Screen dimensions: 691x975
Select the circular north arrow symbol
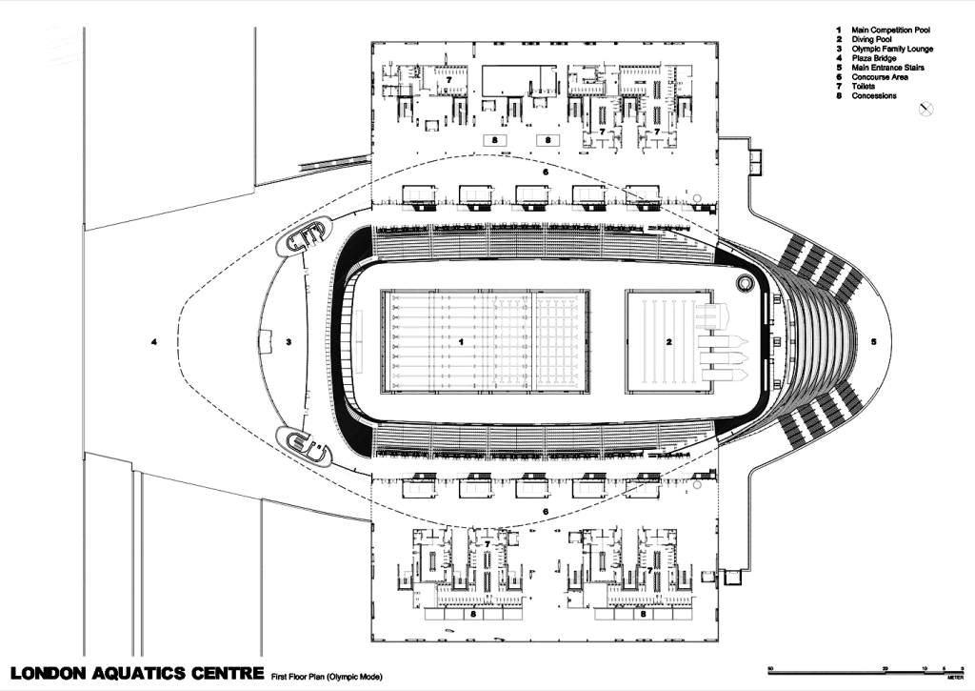(924, 110)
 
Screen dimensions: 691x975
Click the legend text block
(880, 61)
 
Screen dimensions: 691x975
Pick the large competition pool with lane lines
(486, 341)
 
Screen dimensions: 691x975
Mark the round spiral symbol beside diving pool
(745, 284)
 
